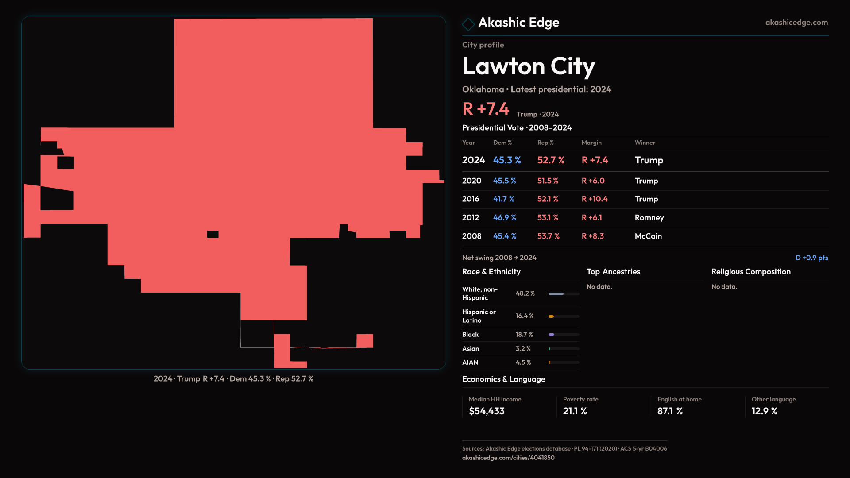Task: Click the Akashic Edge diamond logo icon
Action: (468, 24)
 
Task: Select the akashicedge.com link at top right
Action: (796, 23)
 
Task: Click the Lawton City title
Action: (528, 66)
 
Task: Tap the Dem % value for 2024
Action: (507, 160)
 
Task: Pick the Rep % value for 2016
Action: (548, 199)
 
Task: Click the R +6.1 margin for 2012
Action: (591, 218)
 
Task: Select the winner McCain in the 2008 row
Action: (648, 236)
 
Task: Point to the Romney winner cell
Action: (649, 218)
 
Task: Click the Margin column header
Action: (591, 143)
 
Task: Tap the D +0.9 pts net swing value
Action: (811, 258)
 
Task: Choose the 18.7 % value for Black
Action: (524, 335)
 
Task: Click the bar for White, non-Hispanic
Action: (564, 294)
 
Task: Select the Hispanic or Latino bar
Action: (564, 316)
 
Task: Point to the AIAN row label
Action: (470, 362)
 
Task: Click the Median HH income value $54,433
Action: (487, 411)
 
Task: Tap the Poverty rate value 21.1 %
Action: (575, 411)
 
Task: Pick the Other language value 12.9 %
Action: (764, 411)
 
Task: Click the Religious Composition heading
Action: (751, 272)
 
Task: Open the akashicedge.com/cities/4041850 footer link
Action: (508, 458)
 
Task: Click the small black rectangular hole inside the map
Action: (212, 234)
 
